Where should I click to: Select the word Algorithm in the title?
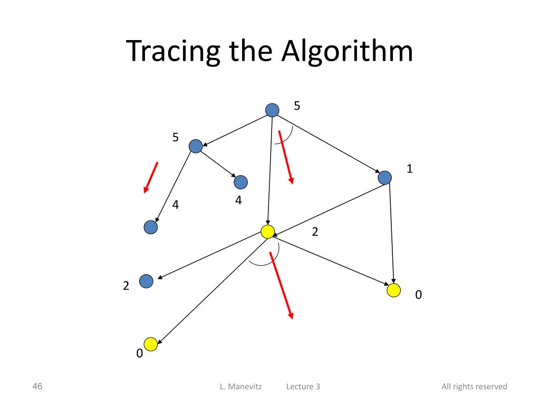[347, 52]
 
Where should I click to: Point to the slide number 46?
[37, 386]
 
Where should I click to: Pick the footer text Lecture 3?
[303, 387]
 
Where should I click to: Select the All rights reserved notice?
[474, 387]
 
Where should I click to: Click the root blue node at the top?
[272, 110]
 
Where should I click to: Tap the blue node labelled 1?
[385, 178]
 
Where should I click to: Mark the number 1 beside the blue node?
[409, 169]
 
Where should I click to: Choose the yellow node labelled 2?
[268, 232]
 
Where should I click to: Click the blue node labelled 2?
[146, 282]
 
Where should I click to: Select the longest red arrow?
[281, 285]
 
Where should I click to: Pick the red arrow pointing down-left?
[151, 177]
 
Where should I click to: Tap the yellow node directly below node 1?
[393, 290]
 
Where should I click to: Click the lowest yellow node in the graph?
[151, 344]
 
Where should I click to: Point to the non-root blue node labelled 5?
[196, 146]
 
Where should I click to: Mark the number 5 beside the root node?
[297, 106]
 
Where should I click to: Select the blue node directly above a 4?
[240, 182]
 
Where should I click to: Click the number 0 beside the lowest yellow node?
[139, 354]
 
